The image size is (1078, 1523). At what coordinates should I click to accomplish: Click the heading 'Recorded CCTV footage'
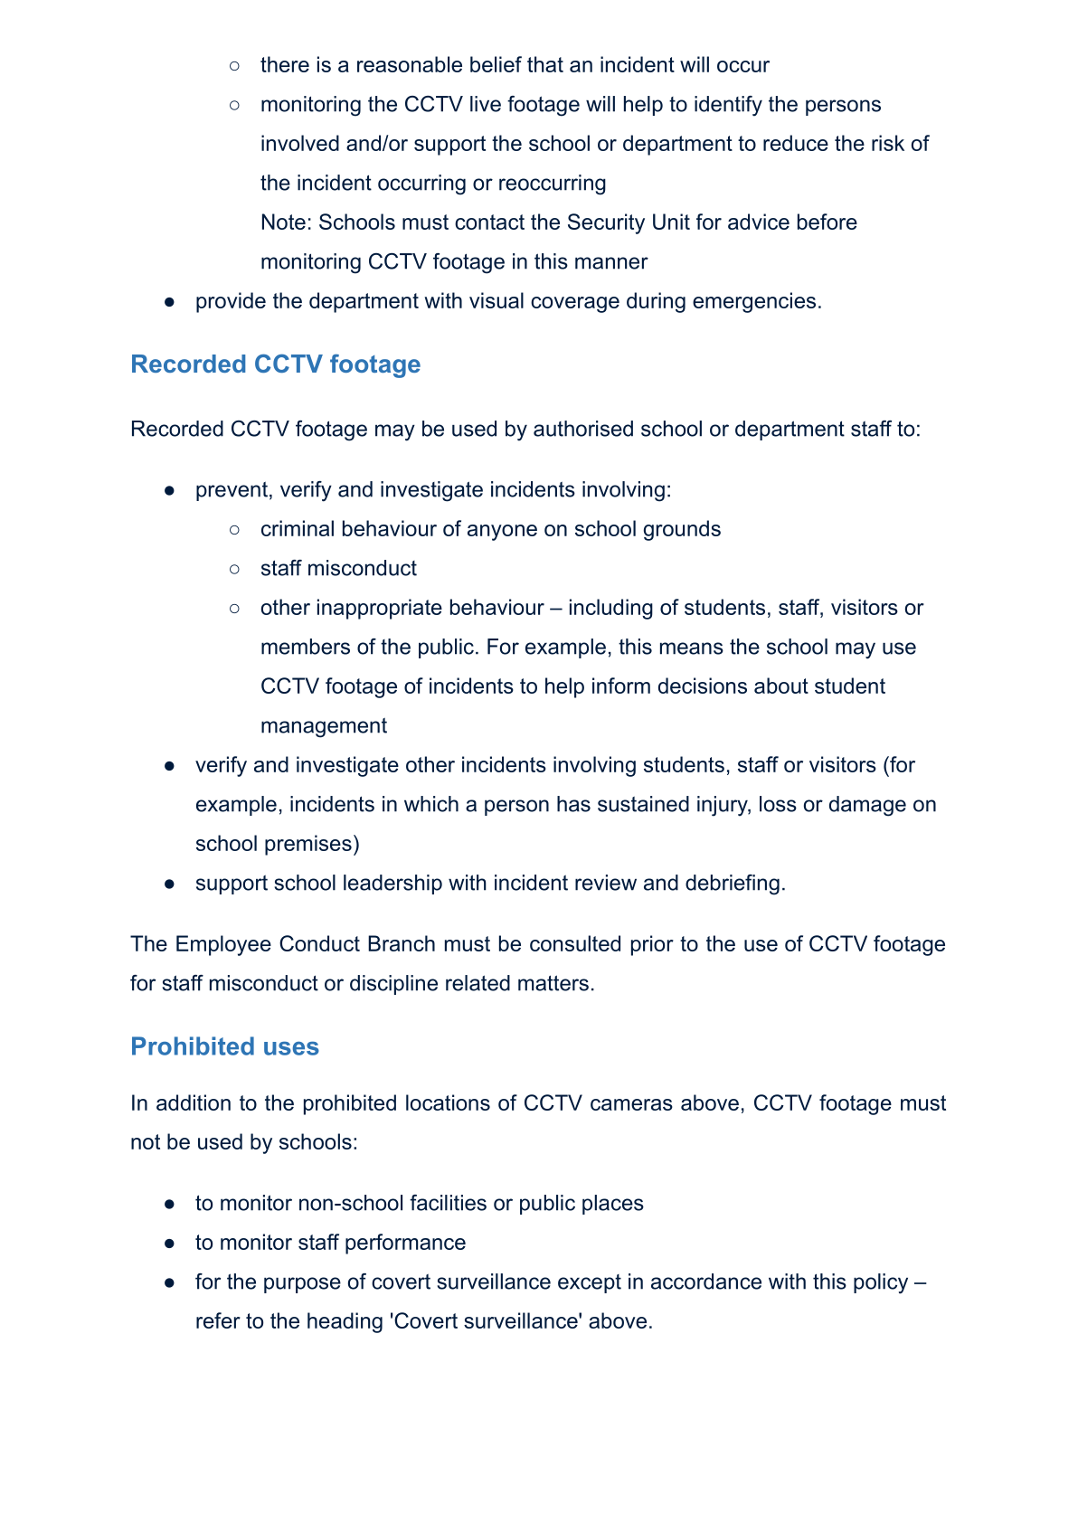(x=275, y=364)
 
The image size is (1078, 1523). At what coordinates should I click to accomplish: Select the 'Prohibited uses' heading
(x=224, y=1046)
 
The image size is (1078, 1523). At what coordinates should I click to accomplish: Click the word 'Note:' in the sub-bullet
(x=286, y=222)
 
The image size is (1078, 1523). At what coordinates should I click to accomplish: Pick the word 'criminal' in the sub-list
(x=298, y=529)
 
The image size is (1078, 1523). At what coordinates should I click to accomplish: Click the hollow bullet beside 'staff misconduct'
(x=234, y=569)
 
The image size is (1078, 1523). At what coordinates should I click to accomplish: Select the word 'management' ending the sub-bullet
(x=323, y=726)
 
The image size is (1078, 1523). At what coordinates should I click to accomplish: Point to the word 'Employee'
(x=222, y=944)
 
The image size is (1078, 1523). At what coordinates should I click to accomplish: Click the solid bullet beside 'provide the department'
(x=169, y=302)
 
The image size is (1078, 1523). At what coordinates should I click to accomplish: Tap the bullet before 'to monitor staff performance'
(x=169, y=1244)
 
